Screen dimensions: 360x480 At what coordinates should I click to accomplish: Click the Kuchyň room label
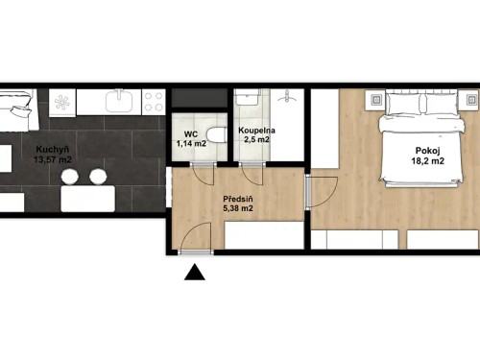51,149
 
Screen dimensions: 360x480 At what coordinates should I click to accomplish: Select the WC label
190,133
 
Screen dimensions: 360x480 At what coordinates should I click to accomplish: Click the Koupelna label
256,130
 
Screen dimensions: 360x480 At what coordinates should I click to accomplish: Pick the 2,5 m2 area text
257,140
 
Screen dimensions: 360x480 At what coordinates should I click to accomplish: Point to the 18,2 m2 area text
429,161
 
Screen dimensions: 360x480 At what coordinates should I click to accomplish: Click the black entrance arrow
195,275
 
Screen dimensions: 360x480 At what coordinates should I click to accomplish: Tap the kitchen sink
122,100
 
